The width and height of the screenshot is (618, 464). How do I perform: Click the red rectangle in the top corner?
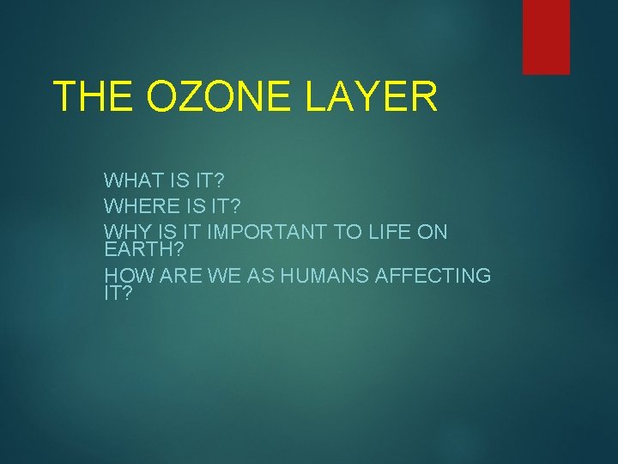546,36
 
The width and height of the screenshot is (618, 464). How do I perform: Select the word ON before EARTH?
433,232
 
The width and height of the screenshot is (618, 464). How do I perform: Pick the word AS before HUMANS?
262,276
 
